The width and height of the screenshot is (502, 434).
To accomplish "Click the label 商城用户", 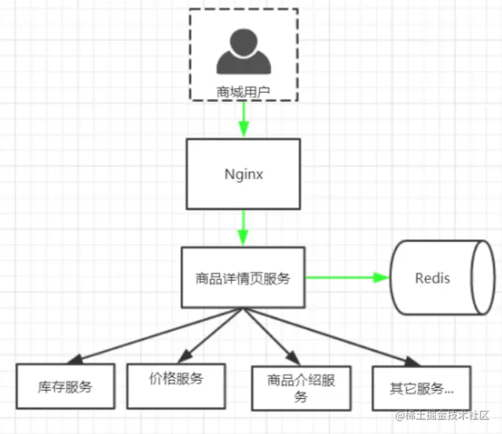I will point(243,92).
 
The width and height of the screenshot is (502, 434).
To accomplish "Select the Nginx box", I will point(243,174).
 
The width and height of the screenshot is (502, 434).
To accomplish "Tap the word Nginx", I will point(243,175).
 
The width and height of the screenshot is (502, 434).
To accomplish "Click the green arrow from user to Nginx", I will point(243,119).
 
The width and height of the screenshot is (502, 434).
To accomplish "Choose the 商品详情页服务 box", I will point(243,277).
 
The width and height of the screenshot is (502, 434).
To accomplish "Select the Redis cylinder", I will point(440,278).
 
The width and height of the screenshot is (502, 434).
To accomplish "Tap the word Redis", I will point(432,279).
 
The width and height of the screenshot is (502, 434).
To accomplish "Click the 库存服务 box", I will point(65,386).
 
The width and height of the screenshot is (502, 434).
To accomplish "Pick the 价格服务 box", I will point(175,385).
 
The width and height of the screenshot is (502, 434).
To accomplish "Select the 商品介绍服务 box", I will point(300,388).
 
